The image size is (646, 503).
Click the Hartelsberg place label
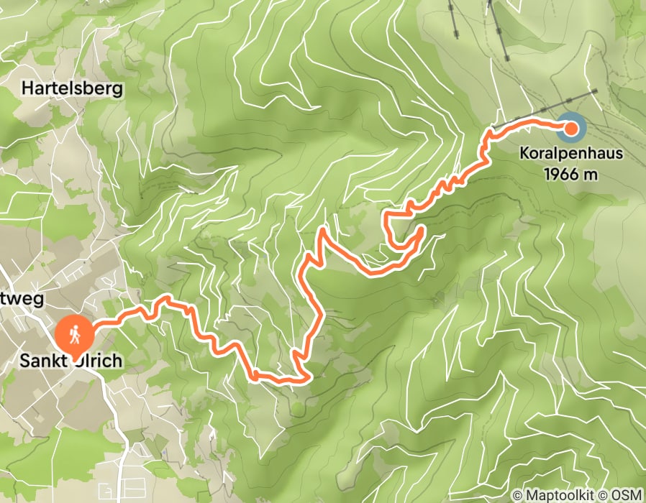(x=73, y=89)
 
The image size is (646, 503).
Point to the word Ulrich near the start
(x=98, y=361)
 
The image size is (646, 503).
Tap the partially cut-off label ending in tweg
(x=23, y=297)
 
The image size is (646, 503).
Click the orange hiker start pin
(x=75, y=335)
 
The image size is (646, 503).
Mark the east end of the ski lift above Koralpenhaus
(x=596, y=91)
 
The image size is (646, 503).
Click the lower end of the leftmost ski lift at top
(x=458, y=36)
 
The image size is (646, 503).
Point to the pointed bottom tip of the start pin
(x=75, y=352)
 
